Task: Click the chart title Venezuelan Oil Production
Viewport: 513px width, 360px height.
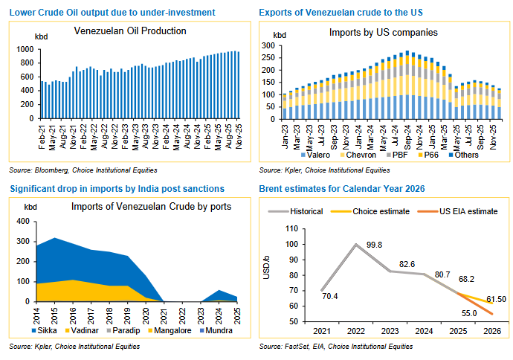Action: point(130,31)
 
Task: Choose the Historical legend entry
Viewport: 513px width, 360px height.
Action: point(305,211)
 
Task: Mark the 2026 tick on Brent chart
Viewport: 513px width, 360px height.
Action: point(491,331)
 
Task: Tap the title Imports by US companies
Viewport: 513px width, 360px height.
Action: point(383,33)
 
